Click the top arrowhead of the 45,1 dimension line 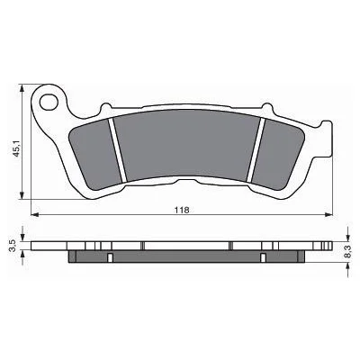click(19, 89)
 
